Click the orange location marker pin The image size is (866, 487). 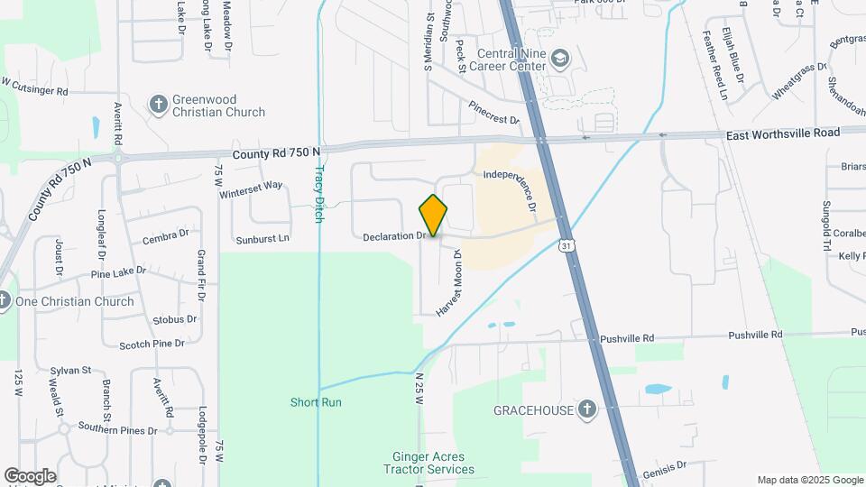tap(433, 216)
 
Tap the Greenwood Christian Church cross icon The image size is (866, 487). tap(159, 104)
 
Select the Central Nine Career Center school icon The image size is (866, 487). tap(560, 59)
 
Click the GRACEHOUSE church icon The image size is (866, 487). tap(587, 410)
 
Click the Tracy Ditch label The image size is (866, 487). tap(318, 194)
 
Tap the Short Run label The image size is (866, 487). tap(316, 402)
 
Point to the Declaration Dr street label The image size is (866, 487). tap(394, 237)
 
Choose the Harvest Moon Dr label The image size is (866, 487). tap(449, 282)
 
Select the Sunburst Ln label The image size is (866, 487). tap(263, 239)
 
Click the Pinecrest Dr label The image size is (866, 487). tap(493, 113)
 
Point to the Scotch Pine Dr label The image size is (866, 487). tap(152, 344)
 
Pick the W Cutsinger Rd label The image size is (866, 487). tap(34, 87)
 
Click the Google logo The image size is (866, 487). tap(30, 476)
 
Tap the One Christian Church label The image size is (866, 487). tap(75, 302)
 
